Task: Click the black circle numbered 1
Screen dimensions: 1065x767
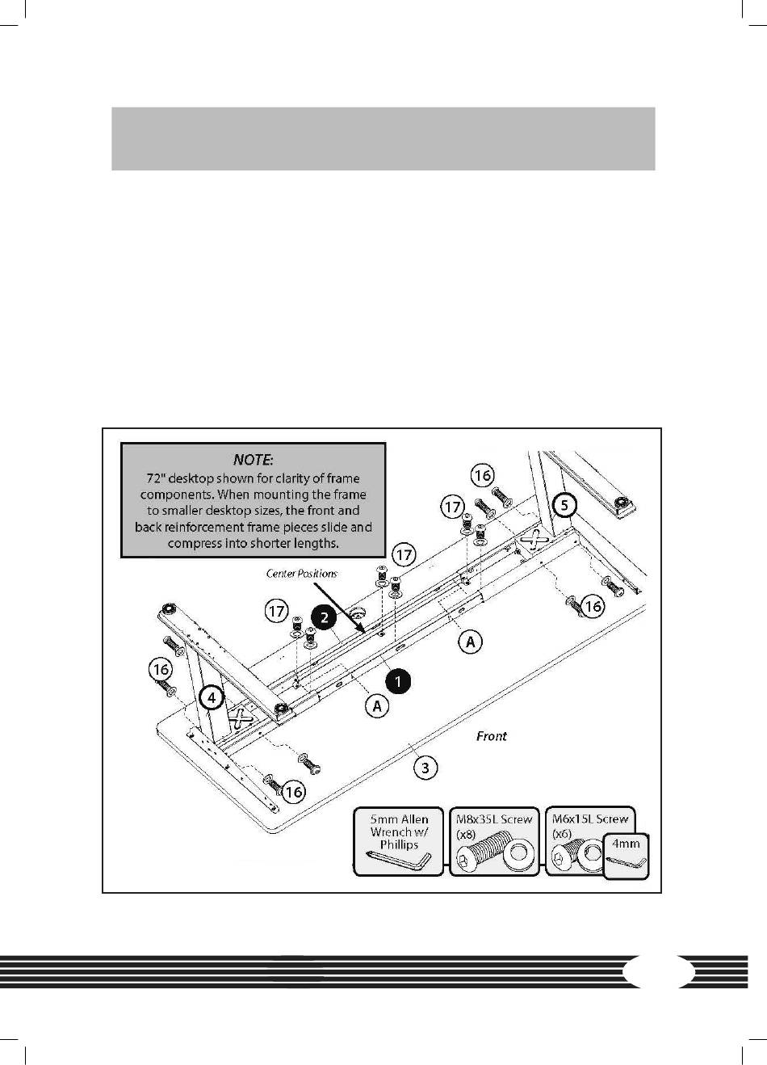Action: (x=398, y=682)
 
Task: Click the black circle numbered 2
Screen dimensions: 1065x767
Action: (x=322, y=618)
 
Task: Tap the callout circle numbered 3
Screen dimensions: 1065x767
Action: (x=425, y=767)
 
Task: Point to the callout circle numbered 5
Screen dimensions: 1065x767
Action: (x=565, y=506)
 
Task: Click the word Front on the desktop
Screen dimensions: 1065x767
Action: (x=491, y=736)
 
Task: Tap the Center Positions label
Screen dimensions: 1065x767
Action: (x=302, y=574)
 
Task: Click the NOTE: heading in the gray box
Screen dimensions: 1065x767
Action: (x=253, y=460)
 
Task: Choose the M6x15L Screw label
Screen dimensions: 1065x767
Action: (x=589, y=819)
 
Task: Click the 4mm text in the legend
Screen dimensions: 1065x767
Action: (x=626, y=844)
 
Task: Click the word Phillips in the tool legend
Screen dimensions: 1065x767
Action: (x=399, y=845)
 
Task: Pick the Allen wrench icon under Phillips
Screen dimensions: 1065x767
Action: (x=399, y=861)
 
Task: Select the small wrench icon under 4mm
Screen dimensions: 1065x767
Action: (x=626, y=864)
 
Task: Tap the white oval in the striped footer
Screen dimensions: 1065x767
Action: (x=660, y=971)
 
